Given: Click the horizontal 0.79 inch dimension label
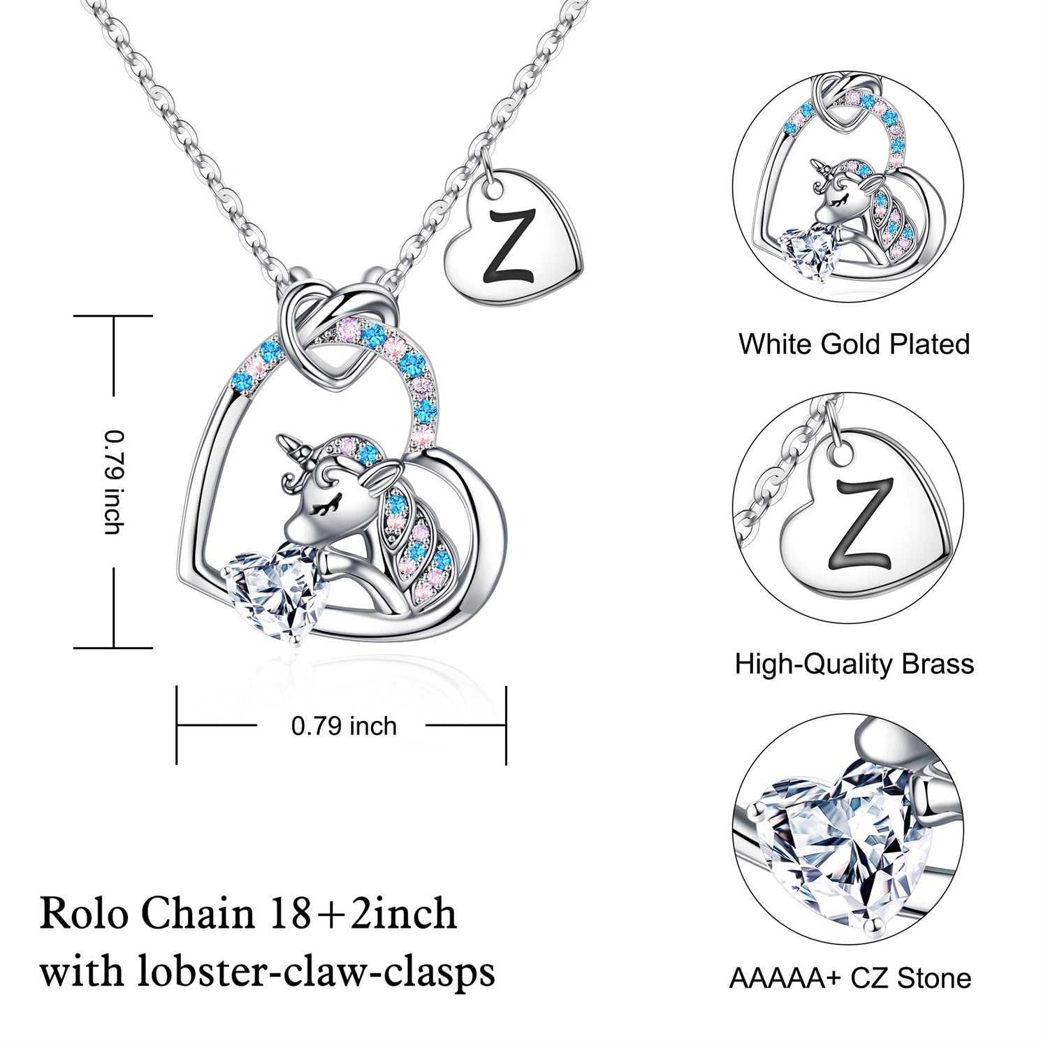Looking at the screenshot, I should pos(344,726).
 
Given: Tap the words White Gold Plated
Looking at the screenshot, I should pos(854,344).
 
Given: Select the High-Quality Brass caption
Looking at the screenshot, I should pos(854,663).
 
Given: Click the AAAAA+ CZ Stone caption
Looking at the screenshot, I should pos(850,978).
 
